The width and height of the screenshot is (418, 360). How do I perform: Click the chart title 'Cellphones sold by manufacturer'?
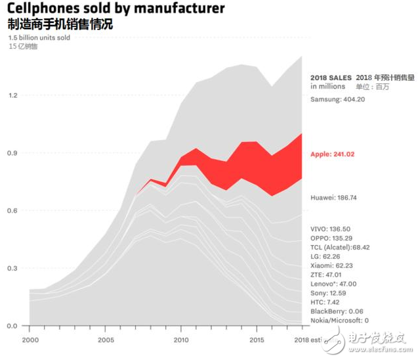pyautogui.click(x=116, y=9)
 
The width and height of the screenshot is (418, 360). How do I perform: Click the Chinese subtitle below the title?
pyautogui.click(x=60, y=25)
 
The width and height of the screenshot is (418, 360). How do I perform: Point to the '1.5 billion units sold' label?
pyautogui.click(x=39, y=38)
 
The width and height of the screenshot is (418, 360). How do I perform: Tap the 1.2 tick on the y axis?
pyautogui.click(x=13, y=95)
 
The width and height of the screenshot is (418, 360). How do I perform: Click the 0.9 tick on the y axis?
pyautogui.click(x=13, y=153)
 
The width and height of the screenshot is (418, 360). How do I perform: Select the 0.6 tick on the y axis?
pyautogui.click(x=13, y=210)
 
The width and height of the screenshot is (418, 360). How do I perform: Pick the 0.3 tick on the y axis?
pyautogui.click(x=13, y=268)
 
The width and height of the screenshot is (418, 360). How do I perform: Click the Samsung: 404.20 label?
pyautogui.click(x=337, y=99)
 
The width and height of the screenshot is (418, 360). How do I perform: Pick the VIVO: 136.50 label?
pyautogui.click(x=330, y=229)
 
